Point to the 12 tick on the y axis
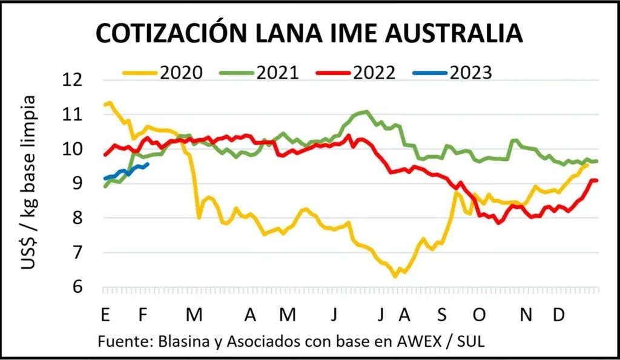point(79,80)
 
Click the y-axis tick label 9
point(84,183)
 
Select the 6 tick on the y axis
point(84,287)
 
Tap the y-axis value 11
point(79,114)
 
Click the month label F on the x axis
point(143,315)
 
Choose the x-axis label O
point(479,315)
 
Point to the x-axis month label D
point(560,315)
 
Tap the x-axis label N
point(527,315)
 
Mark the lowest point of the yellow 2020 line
point(395,277)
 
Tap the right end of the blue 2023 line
point(148,163)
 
